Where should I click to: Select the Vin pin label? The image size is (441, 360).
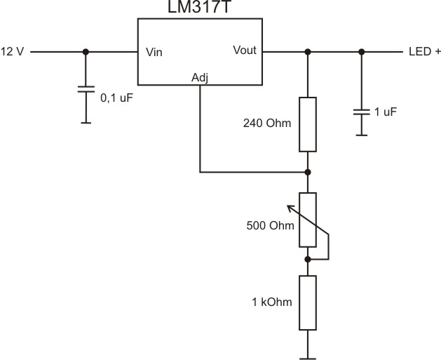154,53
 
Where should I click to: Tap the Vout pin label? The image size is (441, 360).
245,51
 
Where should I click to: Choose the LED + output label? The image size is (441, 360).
421,53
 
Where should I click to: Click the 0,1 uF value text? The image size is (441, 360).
116,98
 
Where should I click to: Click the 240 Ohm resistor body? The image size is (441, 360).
307,124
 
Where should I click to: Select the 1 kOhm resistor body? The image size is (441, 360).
307,302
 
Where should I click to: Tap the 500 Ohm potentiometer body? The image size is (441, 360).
307,220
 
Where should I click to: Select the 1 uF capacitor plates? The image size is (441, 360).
361,111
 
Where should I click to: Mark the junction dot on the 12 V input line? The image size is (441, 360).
86,52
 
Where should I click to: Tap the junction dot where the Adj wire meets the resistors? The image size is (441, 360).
307,171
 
